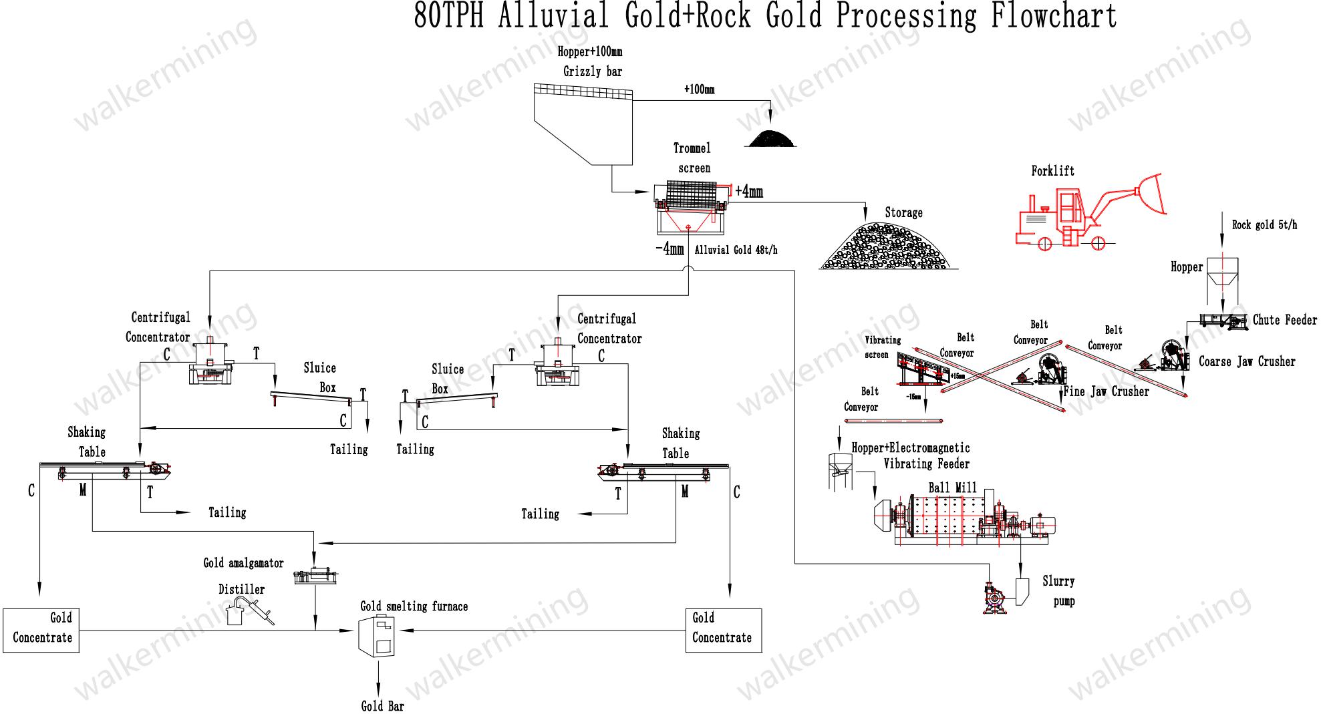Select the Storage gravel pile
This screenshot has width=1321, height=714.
click(x=889, y=247)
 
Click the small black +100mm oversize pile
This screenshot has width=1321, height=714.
click(x=771, y=138)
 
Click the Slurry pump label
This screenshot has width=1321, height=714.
click(x=1058, y=591)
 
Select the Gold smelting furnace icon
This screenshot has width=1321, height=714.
click(x=376, y=635)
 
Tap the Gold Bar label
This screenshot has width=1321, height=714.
click(x=382, y=706)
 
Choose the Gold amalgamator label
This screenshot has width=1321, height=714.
click(x=243, y=563)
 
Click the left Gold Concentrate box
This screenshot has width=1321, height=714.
click(x=41, y=630)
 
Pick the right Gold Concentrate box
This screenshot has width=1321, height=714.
click(x=723, y=630)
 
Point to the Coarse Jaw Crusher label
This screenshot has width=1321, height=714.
click(x=1246, y=361)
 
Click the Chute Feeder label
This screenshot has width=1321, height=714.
click(x=1284, y=320)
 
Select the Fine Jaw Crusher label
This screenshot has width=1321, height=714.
click(x=1107, y=391)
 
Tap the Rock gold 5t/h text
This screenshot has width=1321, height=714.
click(x=1264, y=225)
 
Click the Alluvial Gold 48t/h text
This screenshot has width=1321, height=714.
click(x=736, y=250)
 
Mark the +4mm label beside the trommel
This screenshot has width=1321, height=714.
click(x=749, y=192)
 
